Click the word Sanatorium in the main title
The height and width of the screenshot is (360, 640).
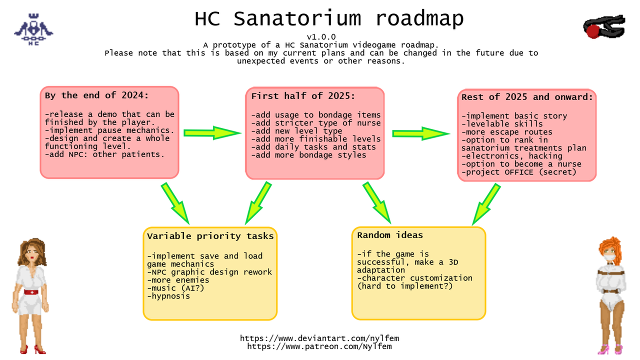(x=297, y=19)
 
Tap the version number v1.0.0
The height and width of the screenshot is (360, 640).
(x=321, y=37)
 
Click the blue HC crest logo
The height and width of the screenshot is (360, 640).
(x=33, y=29)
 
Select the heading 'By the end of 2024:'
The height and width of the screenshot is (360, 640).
(x=97, y=95)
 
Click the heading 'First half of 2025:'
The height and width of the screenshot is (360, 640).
(x=303, y=96)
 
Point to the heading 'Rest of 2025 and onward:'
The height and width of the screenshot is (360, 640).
(x=527, y=97)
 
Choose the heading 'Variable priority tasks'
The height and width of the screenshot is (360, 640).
(x=210, y=236)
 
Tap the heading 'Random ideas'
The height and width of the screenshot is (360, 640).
(x=389, y=235)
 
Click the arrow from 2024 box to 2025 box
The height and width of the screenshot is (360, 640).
(x=212, y=133)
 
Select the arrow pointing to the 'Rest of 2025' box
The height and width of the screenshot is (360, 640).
(x=421, y=133)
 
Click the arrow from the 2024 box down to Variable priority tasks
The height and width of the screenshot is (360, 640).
(x=175, y=203)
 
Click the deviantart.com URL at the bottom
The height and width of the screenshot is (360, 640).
(x=319, y=338)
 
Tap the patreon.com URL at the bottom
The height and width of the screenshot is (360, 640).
(x=319, y=346)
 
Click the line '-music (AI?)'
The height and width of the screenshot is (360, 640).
(x=175, y=288)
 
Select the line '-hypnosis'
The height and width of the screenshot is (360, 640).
(x=168, y=296)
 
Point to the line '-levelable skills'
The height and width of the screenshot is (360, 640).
(x=502, y=124)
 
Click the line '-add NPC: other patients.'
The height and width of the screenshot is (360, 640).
(x=104, y=154)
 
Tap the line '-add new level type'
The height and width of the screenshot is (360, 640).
(x=296, y=131)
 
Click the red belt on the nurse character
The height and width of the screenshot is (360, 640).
(x=31, y=292)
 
